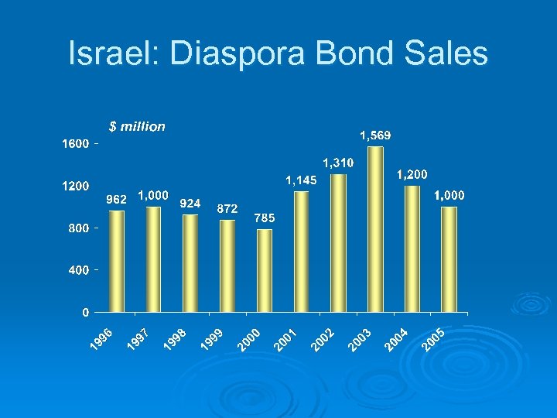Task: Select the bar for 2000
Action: (x=265, y=270)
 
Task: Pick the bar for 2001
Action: (x=301, y=252)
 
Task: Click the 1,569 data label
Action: (x=375, y=135)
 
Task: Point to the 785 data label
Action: (x=264, y=218)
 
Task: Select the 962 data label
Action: (x=116, y=199)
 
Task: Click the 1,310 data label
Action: (x=338, y=163)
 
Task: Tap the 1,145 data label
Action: (x=301, y=180)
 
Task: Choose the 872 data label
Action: (x=227, y=208)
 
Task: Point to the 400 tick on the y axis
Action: (x=78, y=270)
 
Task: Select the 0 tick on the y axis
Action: (x=85, y=312)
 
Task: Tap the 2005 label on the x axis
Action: (x=435, y=339)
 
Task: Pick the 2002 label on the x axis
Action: (x=323, y=339)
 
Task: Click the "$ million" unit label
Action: (x=136, y=126)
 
